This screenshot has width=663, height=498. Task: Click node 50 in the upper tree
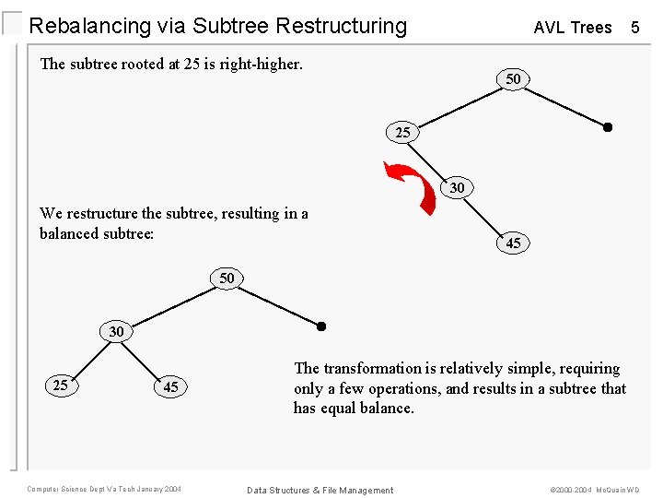tap(513, 79)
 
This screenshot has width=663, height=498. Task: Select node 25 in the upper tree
tap(402, 133)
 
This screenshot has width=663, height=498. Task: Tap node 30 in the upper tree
tap(458, 188)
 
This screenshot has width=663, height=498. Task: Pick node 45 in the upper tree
tap(513, 243)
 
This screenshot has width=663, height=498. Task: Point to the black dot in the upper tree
tap(607, 127)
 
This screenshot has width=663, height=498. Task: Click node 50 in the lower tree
tap(227, 278)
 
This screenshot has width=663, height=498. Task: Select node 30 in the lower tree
tap(116, 330)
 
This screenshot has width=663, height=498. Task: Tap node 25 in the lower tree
tap(61, 385)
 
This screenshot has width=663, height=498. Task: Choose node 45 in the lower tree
tap(170, 387)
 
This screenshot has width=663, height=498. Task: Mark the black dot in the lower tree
tap(321, 326)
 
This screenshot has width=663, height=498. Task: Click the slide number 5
tap(634, 28)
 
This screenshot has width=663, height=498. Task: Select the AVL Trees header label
tap(572, 28)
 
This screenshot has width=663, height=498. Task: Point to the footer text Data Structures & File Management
tap(320, 490)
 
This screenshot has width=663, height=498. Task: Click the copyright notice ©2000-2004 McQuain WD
tap(595, 490)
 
